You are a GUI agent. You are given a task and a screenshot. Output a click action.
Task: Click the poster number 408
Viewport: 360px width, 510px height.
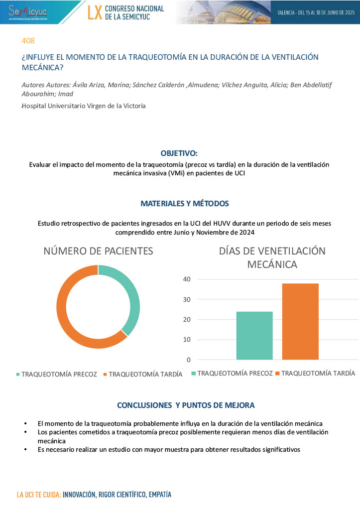(x=28, y=41)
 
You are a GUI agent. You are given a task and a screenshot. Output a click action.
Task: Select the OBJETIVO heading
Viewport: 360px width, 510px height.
(x=179, y=153)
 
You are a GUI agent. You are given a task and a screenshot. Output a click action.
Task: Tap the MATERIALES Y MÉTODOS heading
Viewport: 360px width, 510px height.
(x=185, y=204)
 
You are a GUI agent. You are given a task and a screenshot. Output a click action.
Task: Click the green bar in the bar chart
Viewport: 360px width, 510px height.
(x=254, y=335)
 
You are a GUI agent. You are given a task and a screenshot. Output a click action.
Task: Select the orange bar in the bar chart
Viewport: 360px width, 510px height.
(x=300, y=321)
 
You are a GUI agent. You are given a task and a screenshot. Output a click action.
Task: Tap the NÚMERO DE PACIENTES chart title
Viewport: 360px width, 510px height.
(x=98, y=251)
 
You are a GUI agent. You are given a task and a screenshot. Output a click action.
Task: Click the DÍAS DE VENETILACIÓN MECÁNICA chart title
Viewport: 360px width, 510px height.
(x=272, y=257)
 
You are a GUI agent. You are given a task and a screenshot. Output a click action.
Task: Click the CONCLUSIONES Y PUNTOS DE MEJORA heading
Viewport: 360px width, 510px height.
(x=186, y=405)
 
